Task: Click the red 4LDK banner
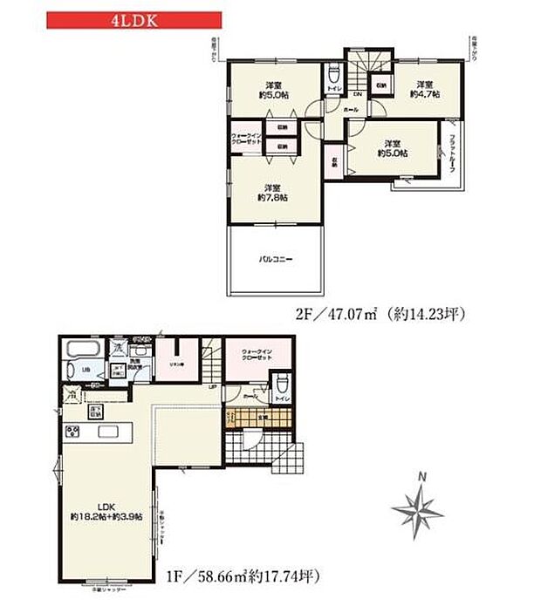133,18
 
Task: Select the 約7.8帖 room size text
274,194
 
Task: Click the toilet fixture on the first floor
279,384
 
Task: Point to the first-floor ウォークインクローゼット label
250,355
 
